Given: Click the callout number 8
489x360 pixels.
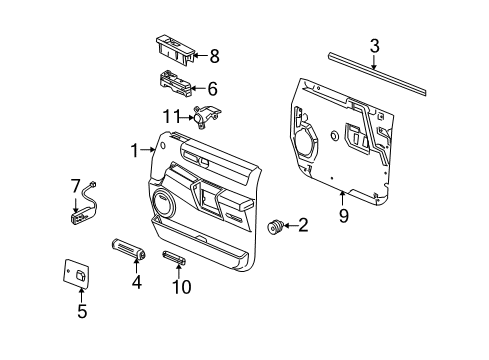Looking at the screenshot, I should click(212, 57).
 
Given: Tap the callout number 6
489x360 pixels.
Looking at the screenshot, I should click(211, 88).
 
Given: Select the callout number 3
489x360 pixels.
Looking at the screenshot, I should click(374, 45).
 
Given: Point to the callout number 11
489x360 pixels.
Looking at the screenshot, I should click(171, 117).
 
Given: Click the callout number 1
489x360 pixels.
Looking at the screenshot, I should click(133, 150).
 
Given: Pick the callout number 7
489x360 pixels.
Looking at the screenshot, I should click(74, 185).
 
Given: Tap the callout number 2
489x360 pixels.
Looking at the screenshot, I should click(303, 227).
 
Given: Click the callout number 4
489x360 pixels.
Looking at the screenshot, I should click(137, 282).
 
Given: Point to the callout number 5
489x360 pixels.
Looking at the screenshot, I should click(83, 311).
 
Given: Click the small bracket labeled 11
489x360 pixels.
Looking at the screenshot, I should click(208, 117).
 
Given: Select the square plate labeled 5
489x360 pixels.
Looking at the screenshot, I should click(80, 273).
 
